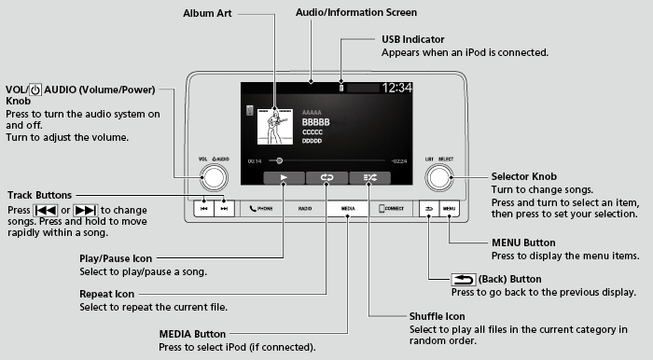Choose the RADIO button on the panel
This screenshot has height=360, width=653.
click(x=304, y=209)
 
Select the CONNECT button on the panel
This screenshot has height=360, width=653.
click(x=392, y=209)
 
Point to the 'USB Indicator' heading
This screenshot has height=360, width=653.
click(x=414, y=41)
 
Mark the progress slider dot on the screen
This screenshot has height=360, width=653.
click(x=278, y=160)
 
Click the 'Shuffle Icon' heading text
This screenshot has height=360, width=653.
click(x=438, y=314)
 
